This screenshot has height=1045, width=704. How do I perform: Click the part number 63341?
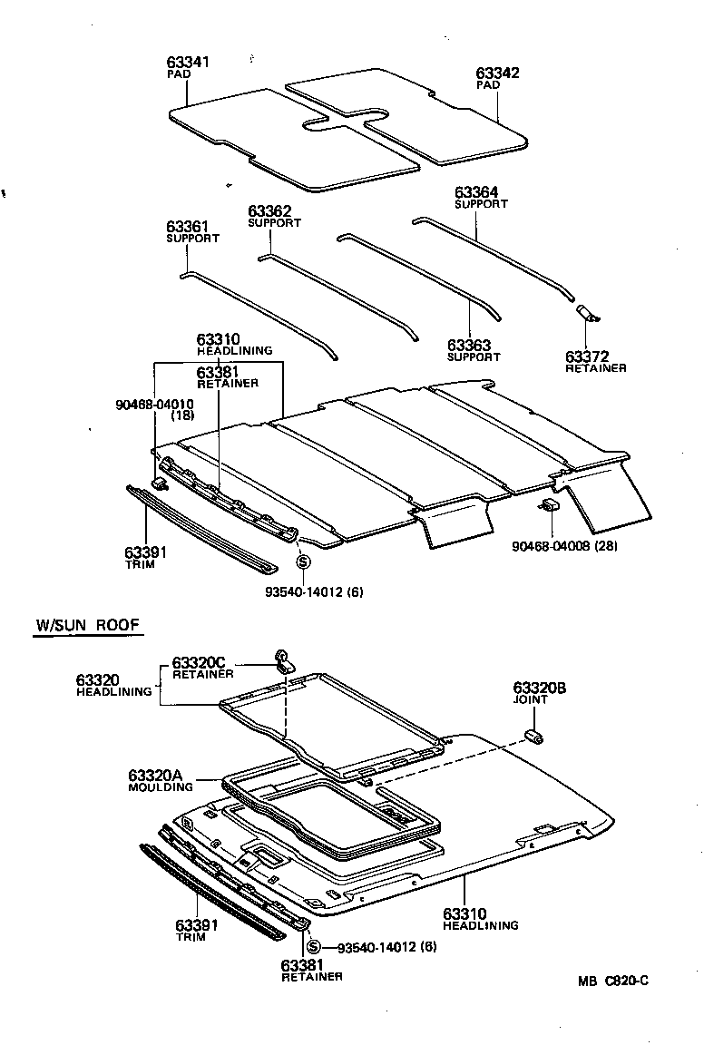(188, 63)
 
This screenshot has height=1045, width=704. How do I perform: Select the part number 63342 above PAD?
(497, 73)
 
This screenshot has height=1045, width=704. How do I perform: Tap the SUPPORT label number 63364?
(476, 192)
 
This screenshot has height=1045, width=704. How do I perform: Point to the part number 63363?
(469, 346)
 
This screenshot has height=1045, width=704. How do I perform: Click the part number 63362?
(269, 211)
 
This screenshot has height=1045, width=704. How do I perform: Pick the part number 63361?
(188, 227)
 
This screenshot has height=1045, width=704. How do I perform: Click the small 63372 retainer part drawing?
(588, 313)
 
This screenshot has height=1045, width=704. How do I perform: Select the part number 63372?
(587, 356)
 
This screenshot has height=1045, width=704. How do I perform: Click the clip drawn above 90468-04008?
(549, 505)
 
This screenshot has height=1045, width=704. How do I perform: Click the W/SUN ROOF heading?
(88, 626)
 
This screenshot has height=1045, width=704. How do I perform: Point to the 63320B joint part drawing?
(534, 736)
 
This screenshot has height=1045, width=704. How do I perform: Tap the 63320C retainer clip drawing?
(283, 659)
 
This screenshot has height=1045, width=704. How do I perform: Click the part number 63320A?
(155, 775)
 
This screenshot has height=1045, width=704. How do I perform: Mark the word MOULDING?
(161, 786)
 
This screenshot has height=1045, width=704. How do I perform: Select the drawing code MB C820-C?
(614, 981)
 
